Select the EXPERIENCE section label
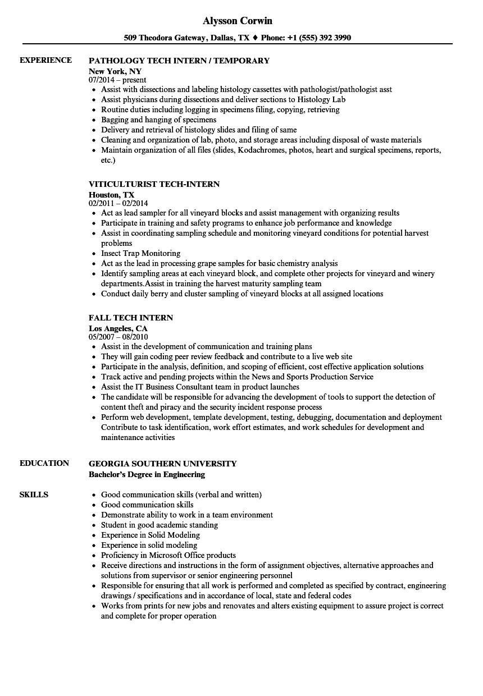point(45,60)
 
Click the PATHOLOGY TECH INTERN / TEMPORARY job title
point(179,61)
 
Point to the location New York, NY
point(115,71)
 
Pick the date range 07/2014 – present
point(117,80)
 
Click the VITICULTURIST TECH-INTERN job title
point(154,184)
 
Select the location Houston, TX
point(111,195)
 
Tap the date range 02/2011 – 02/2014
point(118,204)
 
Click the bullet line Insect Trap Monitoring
point(140,253)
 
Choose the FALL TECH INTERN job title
point(131,318)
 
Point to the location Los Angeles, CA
point(118,328)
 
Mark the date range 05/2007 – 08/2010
point(118,337)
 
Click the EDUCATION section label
point(44,463)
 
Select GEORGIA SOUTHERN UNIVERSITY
point(162,464)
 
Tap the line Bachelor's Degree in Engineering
point(147,474)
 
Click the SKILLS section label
point(34,494)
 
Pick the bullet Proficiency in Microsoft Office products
point(168,555)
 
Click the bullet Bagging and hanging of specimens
point(158,120)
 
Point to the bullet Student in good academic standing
point(160,525)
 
